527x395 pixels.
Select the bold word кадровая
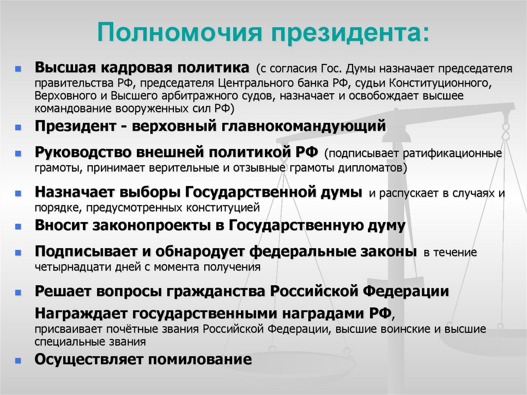pyautogui.click(x=136, y=68)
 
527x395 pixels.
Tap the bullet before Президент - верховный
pyautogui.click(x=17, y=127)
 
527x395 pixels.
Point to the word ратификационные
pyautogui.click(x=445, y=154)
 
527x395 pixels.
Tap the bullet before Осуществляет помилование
pyautogui.click(x=17, y=359)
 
